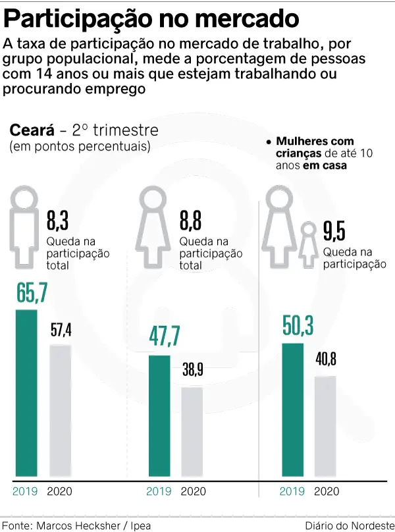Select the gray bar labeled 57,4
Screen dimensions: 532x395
tap(61, 411)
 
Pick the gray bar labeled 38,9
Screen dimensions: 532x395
tap(193, 432)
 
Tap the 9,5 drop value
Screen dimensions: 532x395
tap(334, 232)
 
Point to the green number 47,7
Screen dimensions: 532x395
tap(164, 336)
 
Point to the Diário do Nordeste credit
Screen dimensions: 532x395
tap(348, 525)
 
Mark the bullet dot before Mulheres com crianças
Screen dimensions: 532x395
tap(269, 142)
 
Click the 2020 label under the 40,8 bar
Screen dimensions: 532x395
tap(326, 491)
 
